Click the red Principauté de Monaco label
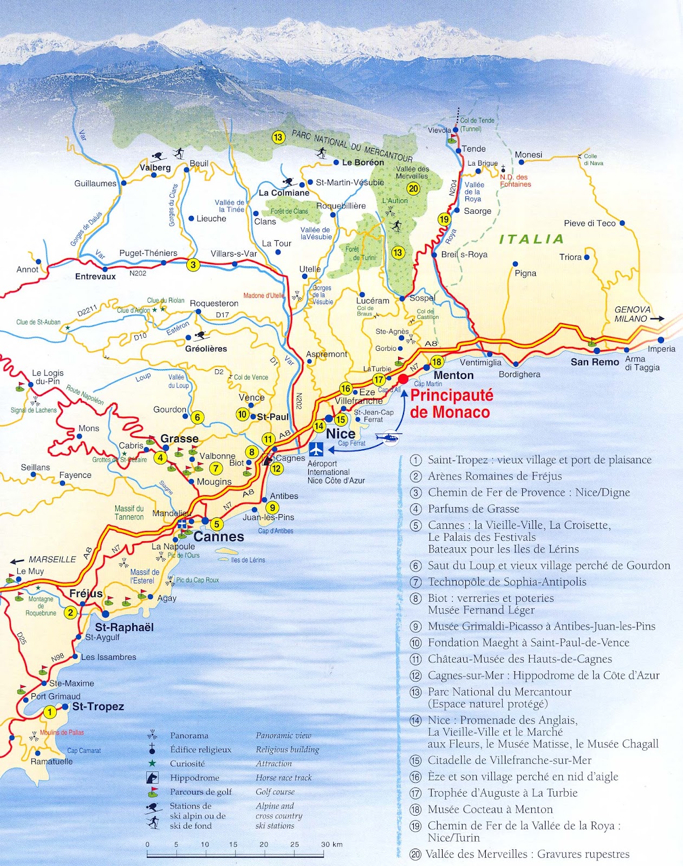tap(451, 404)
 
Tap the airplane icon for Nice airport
tap(316, 449)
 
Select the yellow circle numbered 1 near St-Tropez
tap(49, 712)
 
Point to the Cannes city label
tap(219, 537)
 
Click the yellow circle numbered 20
tap(414, 188)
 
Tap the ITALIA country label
tap(531, 239)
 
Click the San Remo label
tap(595, 362)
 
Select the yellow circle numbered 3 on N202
tap(193, 265)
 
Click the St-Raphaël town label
tap(125, 627)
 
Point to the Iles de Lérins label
tap(248, 560)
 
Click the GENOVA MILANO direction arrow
tap(656, 319)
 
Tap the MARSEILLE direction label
tap(52, 559)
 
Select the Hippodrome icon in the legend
tap(152, 778)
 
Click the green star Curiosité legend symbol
tap(152, 763)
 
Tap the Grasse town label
tap(179, 438)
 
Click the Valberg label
tap(155, 168)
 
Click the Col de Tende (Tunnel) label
tap(477, 124)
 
